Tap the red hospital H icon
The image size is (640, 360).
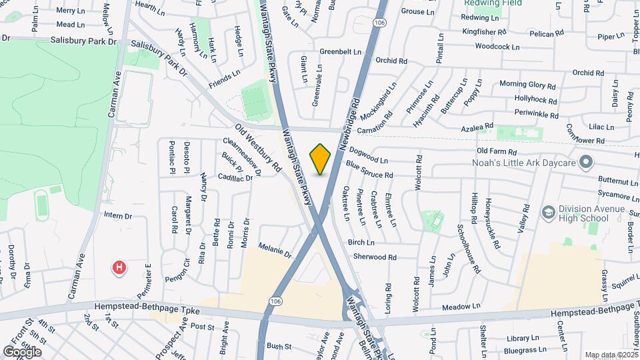[119, 268]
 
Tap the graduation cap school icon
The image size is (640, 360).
[548, 211]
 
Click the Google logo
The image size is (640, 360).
[23, 351]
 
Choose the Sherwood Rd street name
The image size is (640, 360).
[375, 257]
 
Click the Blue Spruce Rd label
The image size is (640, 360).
[369, 175]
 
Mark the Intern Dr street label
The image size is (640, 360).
[119, 216]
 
